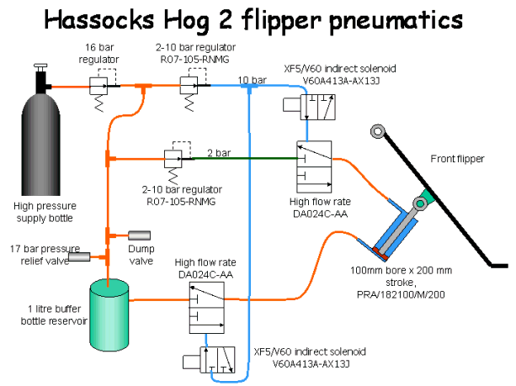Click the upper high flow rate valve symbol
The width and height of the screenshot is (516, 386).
point(313,164)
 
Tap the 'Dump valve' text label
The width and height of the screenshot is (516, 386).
point(141,255)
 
